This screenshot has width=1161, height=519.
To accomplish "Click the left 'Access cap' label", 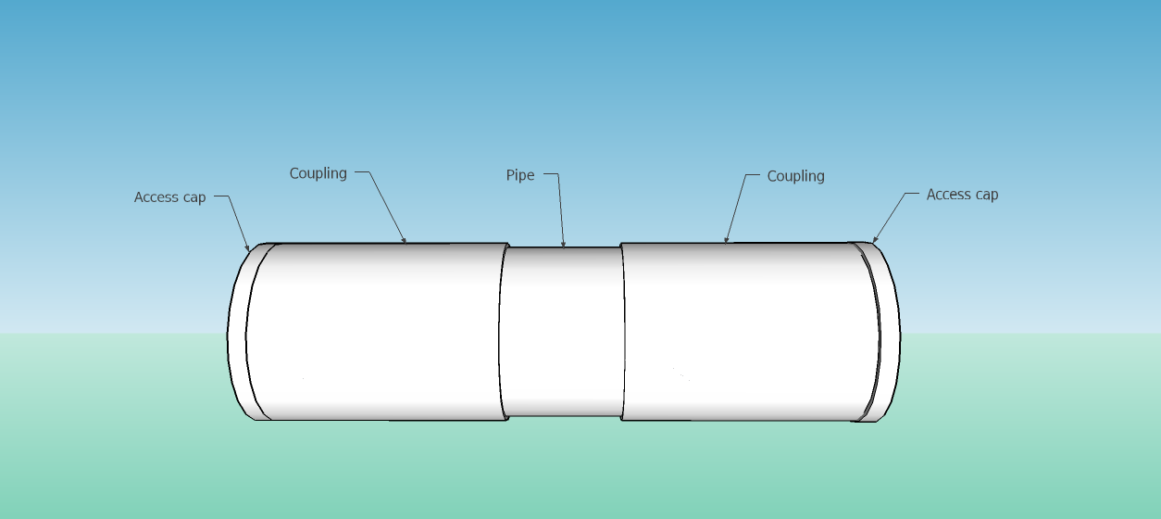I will [x=169, y=197].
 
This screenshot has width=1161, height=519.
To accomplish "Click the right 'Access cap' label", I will [x=962, y=195].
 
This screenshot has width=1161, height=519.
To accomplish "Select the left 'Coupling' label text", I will [x=318, y=173].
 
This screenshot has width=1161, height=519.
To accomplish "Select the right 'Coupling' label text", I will [x=795, y=176].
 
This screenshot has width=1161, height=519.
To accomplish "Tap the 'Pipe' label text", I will [x=519, y=175].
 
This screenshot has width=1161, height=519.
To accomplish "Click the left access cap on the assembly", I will [x=239, y=334].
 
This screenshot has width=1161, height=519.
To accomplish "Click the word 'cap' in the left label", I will [x=193, y=197].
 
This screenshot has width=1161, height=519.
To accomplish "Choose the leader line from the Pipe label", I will [x=561, y=209].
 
